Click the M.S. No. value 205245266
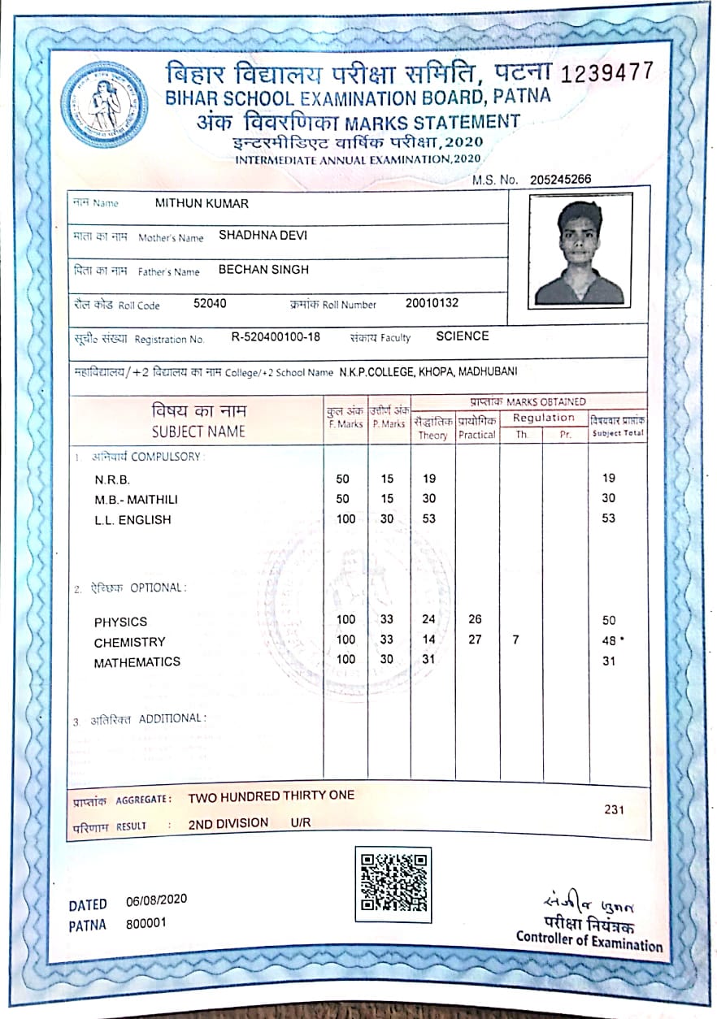(x=560, y=180)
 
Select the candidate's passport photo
(x=580, y=251)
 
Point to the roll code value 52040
(x=210, y=304)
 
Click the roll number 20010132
(x=432, y=303)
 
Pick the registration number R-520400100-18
(x=276, y=336)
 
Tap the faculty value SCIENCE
(x=462, y=336)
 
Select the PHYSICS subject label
(x=120, y=622)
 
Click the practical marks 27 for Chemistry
(x=475, y=640)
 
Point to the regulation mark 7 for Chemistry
(x=516, y=640)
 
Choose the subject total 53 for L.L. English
(x=608, y=518)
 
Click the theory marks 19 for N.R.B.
(x=429, y=479)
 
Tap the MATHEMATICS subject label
(x=137, y=662)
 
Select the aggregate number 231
(x=615, y=809)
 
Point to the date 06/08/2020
(x=157, y=900)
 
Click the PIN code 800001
(x=146, y=924)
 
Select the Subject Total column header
(x=618, y=427)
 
